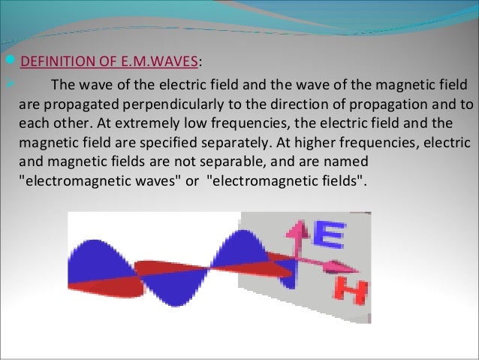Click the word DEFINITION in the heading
[x=53, y=61]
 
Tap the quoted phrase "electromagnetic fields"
[x=286, y=180]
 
